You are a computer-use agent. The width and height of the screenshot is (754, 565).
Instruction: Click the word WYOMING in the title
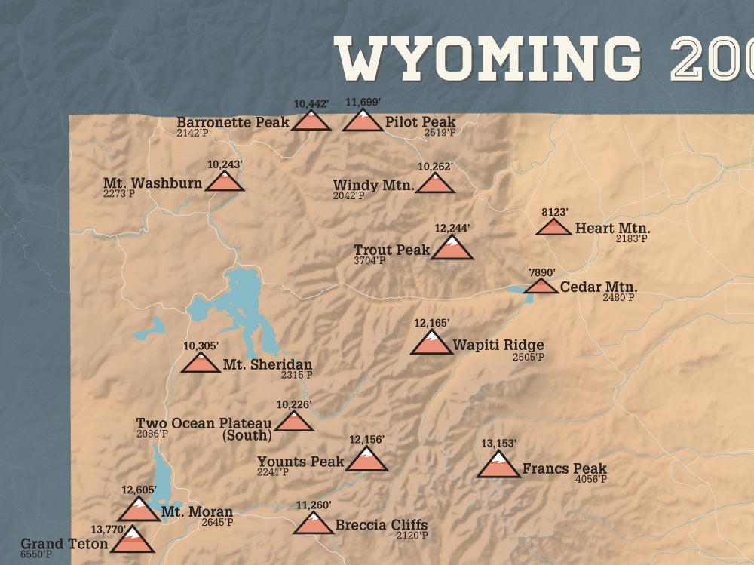tap(488, 59)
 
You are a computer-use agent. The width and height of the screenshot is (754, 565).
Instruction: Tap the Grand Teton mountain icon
tap(132, 541)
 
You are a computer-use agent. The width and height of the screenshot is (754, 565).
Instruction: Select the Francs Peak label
tap(564, 468)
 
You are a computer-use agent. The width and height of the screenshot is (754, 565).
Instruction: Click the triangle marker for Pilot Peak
tap(363, 121)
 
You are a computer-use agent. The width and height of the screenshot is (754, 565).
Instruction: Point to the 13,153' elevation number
tap(498, 443)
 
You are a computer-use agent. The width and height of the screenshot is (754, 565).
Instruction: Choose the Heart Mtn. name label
tap(612, 228)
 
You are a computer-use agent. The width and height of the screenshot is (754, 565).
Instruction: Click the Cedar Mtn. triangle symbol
tap(541, 287)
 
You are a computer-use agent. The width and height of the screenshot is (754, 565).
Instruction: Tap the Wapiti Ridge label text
tap(498, 345)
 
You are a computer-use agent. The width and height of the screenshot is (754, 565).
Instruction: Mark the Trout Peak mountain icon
tap(452, 248)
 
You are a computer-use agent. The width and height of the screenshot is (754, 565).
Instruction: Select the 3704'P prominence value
tap(369, 261)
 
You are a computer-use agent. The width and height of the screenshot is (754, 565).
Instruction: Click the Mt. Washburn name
tap(152, 183)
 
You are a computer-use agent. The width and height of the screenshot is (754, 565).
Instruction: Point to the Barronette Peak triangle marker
tap(311, 121)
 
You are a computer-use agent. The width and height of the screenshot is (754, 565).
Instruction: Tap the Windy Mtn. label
tap(373, 185)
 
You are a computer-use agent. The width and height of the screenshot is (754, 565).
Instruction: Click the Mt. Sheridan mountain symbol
tap(201, 364)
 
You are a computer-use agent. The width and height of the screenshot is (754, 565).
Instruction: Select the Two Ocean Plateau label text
tap(204, 423)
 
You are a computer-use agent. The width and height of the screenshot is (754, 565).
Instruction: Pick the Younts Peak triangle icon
tap(366, 460)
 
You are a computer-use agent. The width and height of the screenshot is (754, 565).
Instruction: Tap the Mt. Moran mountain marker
tap(139, 511)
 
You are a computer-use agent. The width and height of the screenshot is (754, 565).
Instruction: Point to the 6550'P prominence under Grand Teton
tap(36, 554)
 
